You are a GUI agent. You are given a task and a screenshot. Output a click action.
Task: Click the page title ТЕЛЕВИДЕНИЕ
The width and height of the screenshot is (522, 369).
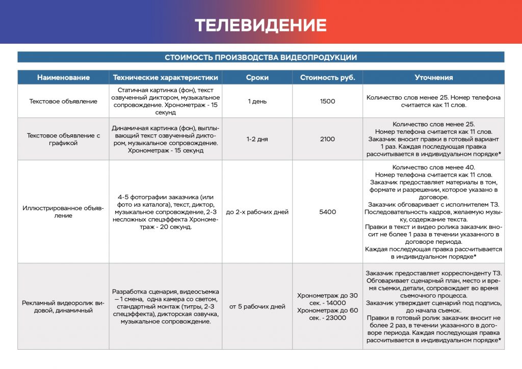[x=260, y=25]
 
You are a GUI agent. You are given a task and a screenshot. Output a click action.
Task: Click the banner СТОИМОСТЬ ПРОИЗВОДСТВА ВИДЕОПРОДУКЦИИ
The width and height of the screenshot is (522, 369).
[x=260, y=58]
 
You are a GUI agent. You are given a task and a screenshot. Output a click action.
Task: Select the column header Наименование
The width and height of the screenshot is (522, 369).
[x=63, y=77]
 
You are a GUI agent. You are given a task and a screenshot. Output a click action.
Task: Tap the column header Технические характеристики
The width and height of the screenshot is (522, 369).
[x=165, y=77]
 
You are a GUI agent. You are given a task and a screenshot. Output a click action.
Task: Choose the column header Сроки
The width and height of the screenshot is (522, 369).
[x=257, y=77]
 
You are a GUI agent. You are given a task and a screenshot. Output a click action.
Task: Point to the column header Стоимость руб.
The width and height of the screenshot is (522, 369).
[x=327, y=77]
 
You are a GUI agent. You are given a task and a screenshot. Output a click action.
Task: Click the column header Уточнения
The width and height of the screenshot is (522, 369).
[x=433, y=77]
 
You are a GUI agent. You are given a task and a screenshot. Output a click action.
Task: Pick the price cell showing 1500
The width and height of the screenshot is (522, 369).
[x=327, y=101]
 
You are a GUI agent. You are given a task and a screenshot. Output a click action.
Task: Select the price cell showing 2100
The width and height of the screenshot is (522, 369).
[x=327, y=139]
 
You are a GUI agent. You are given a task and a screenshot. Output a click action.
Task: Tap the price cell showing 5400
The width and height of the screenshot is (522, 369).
[x=327, y=212]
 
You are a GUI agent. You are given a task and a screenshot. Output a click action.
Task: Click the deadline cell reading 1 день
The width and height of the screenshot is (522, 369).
[x=257, y=101]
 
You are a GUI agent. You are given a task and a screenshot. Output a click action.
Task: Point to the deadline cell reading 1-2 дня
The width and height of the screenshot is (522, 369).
[x=257, y=139]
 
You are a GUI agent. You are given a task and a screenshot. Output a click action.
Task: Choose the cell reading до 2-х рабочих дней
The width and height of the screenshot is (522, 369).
[x=257, y=212]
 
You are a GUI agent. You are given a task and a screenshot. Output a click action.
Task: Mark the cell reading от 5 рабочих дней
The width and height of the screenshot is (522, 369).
[x=257, y=306]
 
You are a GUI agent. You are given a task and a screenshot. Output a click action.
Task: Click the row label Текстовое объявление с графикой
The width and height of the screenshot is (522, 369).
[x=63, y=139]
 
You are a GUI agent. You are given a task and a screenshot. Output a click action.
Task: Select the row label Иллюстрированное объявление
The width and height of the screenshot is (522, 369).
[x=63, y=212]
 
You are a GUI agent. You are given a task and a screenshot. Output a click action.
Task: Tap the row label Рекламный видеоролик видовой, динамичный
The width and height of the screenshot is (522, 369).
[x=63, y=306]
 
